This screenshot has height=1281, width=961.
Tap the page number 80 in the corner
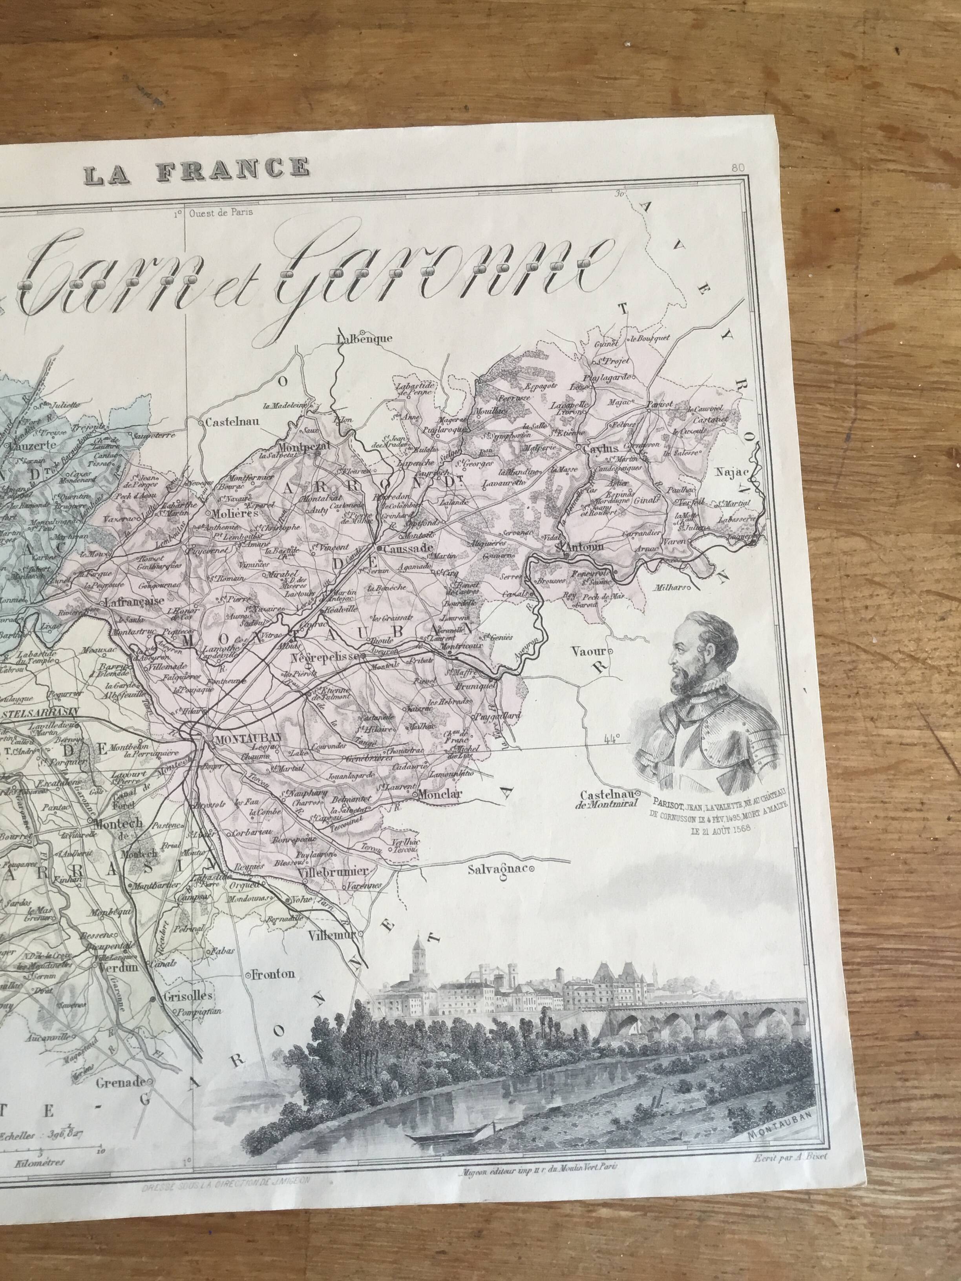[x=737, y=168]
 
